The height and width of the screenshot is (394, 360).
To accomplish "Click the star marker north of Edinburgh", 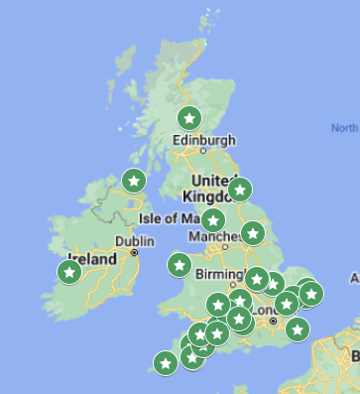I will [189, 119].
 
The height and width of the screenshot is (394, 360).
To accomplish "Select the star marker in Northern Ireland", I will [134, 181].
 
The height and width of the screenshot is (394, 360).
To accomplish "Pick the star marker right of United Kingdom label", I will [240, 190].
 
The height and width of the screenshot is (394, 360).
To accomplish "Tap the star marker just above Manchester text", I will [213, 219].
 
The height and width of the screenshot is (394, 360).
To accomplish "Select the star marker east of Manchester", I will [253, 234].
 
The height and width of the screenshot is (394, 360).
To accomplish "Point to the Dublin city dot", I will [135, 252].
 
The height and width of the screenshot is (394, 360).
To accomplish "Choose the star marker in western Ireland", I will [68, 271].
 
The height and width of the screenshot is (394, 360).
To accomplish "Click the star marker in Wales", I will [180, 265].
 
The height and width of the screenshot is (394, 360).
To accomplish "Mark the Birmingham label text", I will [221, 275].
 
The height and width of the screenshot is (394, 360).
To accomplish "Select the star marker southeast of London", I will [298, 328].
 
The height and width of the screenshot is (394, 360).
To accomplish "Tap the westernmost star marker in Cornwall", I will [166, 364].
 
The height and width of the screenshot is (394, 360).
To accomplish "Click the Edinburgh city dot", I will [203, 151].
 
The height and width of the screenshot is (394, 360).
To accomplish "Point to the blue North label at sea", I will [345, 129].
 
